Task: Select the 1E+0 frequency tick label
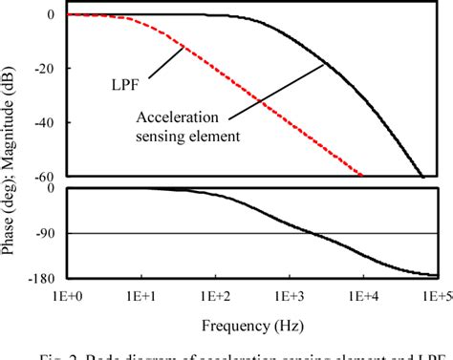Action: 65,296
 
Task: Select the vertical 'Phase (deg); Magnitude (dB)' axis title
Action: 11,143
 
